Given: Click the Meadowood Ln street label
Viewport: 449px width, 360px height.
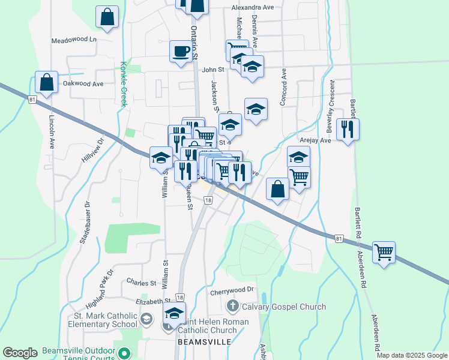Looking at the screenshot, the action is tap(74, 40).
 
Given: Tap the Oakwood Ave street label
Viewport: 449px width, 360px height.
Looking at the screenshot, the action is tap(83, 84).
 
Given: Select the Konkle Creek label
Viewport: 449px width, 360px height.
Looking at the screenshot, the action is tap(124, 83).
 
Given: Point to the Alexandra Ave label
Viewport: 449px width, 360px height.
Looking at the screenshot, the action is tap(253, 8).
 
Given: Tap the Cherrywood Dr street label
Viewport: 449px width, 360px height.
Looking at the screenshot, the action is tap(232, 290).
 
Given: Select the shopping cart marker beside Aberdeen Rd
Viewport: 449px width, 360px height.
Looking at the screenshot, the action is tap(384, 251).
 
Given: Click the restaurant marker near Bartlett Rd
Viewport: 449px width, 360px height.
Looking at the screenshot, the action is tap(348, 130).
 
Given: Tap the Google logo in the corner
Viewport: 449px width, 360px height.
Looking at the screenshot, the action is tap(20, 353).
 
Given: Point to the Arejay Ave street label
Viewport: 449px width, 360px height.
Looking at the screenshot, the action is tap(317, 140).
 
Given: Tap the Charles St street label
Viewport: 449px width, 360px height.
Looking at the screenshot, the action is tap(142, 282).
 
